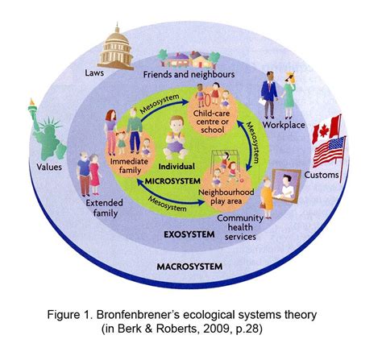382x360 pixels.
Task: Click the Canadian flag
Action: click(326, 129)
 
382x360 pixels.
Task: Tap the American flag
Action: click(330, 152)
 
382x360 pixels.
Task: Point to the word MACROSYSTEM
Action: click(189, 267)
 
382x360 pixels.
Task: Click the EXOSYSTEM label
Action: click(189, 234)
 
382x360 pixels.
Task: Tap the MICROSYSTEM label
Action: click(172, 181)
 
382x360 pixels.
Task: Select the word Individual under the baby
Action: click(176, 167)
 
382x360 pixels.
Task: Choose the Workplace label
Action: click(284, 125)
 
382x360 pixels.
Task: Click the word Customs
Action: click(322, 175)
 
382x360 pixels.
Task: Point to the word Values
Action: click(49, 167)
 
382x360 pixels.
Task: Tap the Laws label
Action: click(94, 72)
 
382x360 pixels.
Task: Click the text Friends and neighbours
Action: click(189, 74)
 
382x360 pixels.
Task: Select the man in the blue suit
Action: click(269, 95)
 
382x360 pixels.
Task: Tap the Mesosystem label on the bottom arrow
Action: click(167, 204)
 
